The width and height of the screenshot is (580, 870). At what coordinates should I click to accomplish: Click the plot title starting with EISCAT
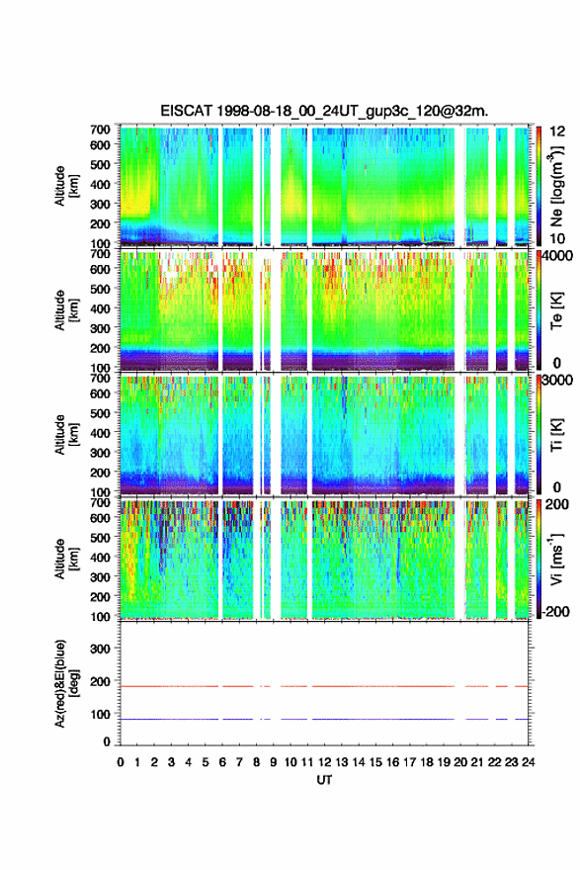(324, 111)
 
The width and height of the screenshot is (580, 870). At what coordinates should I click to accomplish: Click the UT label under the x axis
(324, 780)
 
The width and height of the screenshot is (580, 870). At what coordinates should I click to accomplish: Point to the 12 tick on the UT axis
(324, 762)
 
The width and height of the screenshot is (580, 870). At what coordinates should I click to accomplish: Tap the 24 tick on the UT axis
(528, 762)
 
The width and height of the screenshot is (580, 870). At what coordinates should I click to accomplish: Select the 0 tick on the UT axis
(121, 762)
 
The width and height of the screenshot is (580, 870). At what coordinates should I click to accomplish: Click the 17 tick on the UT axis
(409, 762)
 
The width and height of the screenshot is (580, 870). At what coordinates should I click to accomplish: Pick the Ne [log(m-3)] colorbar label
(556, 186)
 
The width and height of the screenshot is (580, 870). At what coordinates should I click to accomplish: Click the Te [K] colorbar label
(556, 312)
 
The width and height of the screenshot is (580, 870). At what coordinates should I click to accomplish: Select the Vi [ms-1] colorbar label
(556, 559)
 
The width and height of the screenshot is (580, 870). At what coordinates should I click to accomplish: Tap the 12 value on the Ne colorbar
(557, 130)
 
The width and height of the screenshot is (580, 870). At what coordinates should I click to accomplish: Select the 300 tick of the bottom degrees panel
(101, 649)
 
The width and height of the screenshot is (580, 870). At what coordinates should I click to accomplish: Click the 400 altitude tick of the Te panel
(101, 308)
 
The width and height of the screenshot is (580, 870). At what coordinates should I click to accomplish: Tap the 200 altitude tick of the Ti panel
(101, 473)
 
